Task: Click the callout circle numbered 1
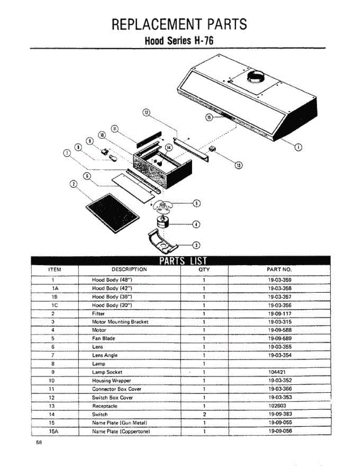(298, 147)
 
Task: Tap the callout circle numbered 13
(239, 165)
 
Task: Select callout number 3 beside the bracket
(197, 245)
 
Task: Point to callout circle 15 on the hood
(208, 117)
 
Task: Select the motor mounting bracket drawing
(163, 240)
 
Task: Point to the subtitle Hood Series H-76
(179, 41)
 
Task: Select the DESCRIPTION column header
(129, 269)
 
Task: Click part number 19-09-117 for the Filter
(280, 313)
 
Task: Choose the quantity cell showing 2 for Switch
(204, 414)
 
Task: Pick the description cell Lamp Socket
(107, 372)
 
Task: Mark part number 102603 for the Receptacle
(277, 406)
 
